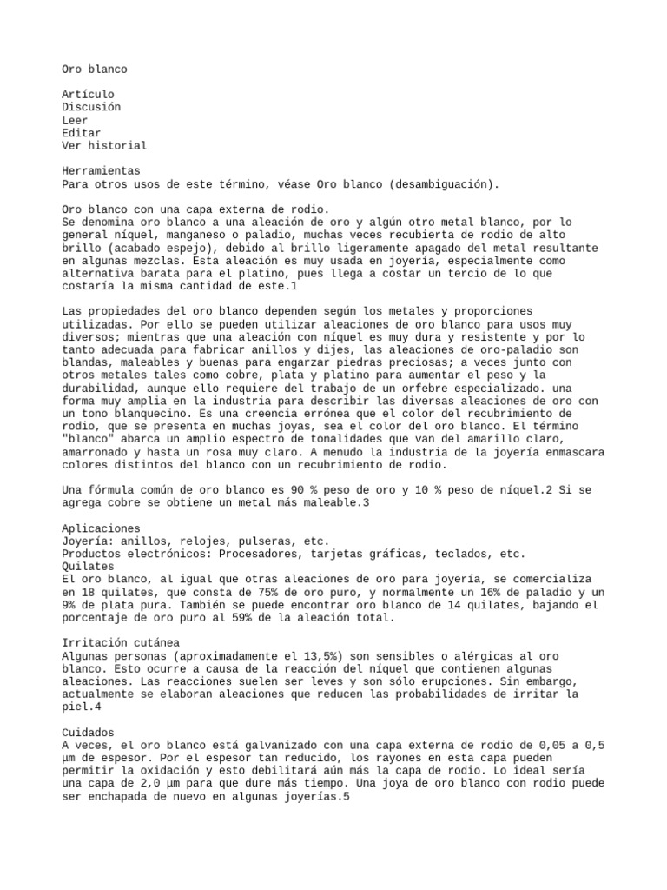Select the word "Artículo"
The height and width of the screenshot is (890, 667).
pos(88,94)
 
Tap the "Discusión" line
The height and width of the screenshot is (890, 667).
pos(91,107)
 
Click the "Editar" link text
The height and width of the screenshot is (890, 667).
pos(82,133)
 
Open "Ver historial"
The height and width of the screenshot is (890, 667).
pos(104,146)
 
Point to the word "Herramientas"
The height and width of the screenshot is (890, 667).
pos(101,171)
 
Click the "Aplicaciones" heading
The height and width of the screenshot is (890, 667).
pos(101,528)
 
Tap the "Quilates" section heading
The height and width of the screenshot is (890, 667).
pos(88,567)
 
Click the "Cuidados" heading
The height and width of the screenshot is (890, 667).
pos(88,733)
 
